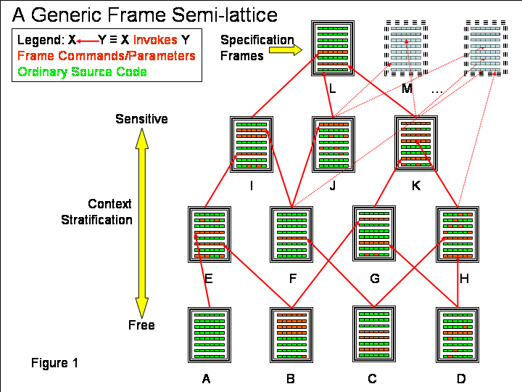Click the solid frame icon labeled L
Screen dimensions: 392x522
coord(333,48)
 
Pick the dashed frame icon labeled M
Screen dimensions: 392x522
coord(407,48)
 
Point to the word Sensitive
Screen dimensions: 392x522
coord(141,118)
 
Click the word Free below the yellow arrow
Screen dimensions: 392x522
coord(141,324)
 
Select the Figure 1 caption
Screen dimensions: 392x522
coord(54,362)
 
